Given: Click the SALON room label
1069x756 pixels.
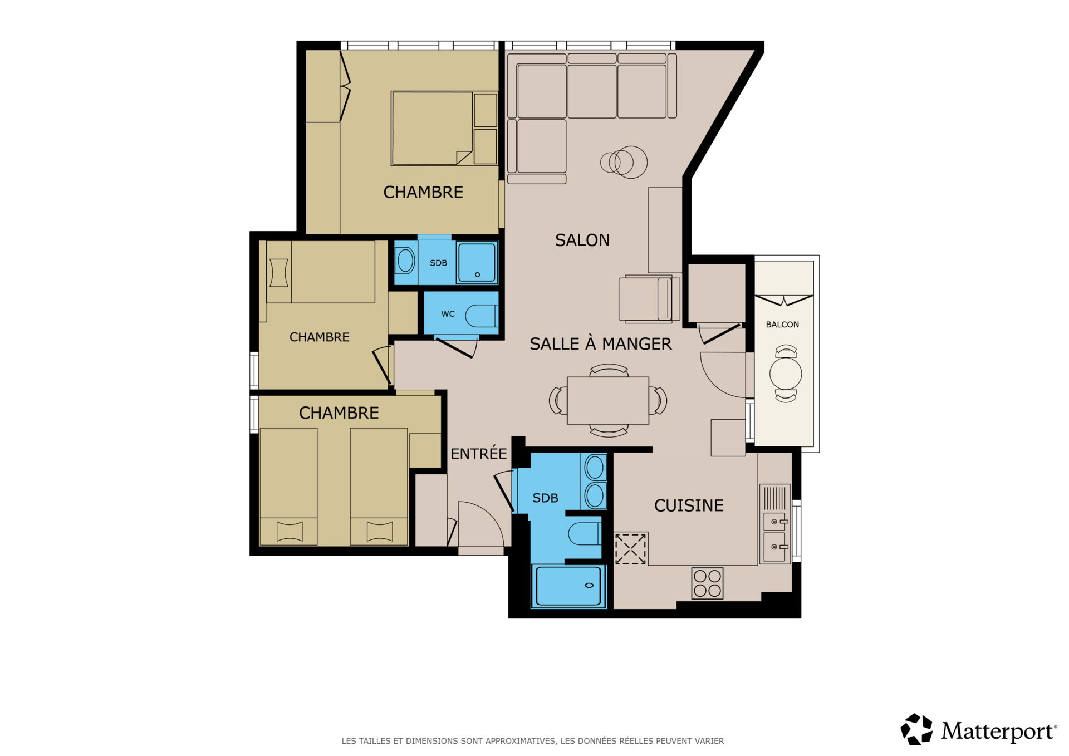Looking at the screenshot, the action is click(x=582, y=240).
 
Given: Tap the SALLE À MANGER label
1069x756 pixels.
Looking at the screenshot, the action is click(x=600, y=343).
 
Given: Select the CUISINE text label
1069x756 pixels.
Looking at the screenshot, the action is click(x=689, y=505).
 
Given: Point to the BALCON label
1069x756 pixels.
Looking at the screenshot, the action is click(x=782, y=325).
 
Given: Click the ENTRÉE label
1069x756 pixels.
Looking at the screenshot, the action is click(x=479, y=453).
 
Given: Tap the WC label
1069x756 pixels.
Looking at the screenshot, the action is click(x=448, y=314).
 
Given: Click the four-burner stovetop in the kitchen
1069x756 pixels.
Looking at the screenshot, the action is click(x=707, y=583).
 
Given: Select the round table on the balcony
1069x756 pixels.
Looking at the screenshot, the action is click(x=786, y=374).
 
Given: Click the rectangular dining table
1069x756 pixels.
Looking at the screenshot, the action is click(x=608, y=400).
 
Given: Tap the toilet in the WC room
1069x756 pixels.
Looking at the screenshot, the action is click(x=481, y=316).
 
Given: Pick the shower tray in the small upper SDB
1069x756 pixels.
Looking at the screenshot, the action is click(x=477, y=262).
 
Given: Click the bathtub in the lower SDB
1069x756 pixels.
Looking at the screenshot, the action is click(x=568, y=585).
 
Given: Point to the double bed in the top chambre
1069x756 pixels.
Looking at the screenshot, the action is click(x=432, y=129).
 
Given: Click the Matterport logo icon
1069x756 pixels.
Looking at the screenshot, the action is click(x=916, y=729).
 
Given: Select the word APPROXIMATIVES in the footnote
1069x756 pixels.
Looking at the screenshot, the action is click(x=520, y=741).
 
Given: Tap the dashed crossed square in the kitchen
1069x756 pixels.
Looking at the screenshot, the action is click(x=630, y=549).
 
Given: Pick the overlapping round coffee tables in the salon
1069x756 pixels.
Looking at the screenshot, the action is click(x=624, y=162).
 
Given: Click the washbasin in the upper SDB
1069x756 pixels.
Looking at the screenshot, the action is click(x=405, y=261).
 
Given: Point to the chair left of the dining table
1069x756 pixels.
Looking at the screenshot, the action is click(x=558, y=400).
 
